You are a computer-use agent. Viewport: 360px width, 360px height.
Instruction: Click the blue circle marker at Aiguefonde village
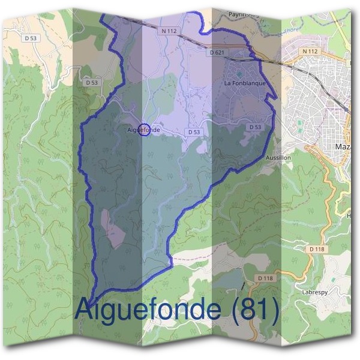[x=144, y=129]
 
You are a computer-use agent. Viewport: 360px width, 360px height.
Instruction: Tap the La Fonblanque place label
[x=245, y=83]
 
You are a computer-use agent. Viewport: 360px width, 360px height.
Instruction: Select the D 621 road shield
[x=217, y=53]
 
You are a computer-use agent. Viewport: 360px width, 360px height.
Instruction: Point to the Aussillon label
[x=278, y=157]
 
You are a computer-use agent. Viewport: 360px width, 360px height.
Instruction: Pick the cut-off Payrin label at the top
[x=243, y=13]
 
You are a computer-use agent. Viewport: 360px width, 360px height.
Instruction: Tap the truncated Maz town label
[x=343, y=146]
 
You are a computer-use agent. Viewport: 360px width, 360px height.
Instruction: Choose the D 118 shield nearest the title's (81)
[x=265, y=278]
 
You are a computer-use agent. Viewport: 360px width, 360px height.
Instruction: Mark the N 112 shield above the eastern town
[x=310, y=52]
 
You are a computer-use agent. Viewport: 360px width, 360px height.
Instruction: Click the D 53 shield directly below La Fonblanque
[x=255, y=127]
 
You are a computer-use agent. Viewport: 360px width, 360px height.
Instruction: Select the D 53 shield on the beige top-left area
[x=31, y=38]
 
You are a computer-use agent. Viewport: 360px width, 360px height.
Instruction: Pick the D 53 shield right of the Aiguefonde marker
[x=193, y=132]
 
